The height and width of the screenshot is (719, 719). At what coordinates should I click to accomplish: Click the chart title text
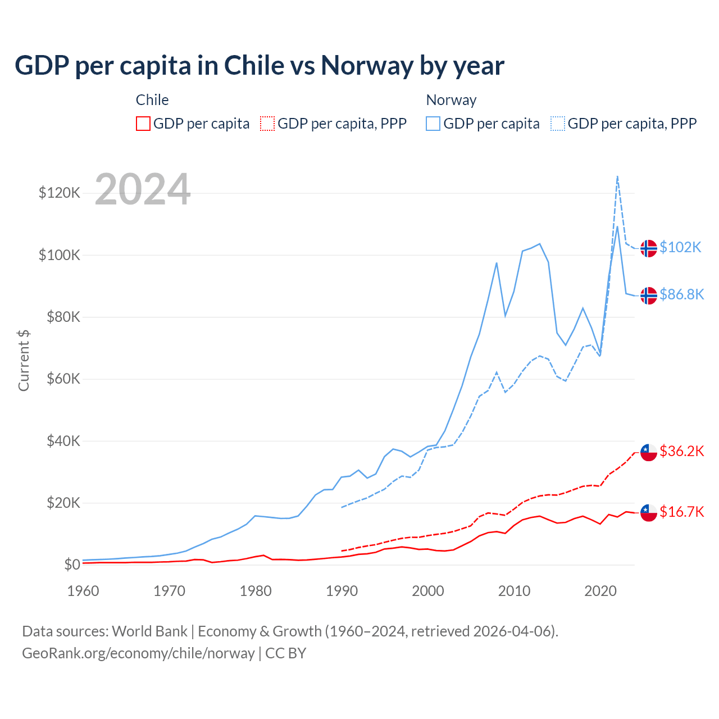[259, 66]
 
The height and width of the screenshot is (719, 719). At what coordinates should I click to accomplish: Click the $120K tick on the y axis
[60, 193]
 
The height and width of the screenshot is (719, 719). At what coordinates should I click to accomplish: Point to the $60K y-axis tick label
[60, 379]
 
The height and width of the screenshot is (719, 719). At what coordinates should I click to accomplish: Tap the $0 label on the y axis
[72, 565]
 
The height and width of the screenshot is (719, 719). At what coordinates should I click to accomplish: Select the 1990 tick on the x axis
[342, 591]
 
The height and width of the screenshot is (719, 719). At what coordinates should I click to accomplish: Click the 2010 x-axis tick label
[514, 591]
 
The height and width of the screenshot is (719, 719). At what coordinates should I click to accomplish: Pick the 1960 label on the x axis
[83, 591]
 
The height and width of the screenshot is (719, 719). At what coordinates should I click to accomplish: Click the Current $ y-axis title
[24, 361]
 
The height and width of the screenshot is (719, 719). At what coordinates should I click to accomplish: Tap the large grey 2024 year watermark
[143, 190]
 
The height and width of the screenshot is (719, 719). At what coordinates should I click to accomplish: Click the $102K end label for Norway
[680, 248]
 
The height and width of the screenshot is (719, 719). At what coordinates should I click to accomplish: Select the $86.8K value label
[681, 295]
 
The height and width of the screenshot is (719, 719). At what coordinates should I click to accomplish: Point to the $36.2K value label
[681, 452]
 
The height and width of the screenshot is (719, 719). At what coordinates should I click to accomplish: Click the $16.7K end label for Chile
[681, 512]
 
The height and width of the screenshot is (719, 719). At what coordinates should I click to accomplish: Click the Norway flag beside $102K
[649, 248]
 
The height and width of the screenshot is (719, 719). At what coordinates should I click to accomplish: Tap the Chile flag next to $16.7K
[649, 512]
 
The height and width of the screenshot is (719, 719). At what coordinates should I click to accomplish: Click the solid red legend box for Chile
[143, 124]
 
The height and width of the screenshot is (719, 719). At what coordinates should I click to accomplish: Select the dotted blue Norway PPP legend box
[558, 124]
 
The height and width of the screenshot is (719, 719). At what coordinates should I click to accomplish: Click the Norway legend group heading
[451, 100]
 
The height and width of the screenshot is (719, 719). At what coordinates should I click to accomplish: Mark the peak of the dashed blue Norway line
[617, 176]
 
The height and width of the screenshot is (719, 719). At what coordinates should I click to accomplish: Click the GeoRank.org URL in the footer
[138, 653]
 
